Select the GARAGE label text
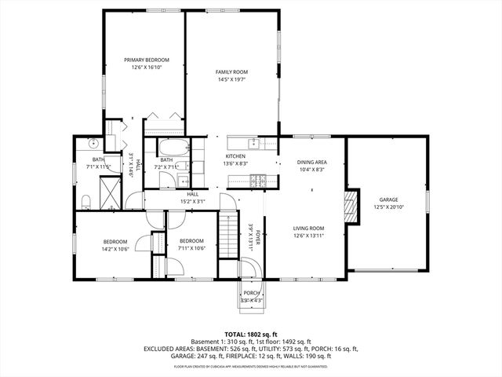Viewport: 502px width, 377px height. coord(389,199)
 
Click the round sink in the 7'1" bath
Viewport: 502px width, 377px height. coord(92,143)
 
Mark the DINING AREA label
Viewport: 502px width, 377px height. coord(311,162)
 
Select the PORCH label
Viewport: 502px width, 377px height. coord(251,293)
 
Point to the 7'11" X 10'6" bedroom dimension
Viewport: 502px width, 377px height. coord(191,249)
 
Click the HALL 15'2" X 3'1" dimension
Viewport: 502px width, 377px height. coord(193,201)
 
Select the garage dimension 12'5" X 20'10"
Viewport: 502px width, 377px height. coord(389,207)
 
